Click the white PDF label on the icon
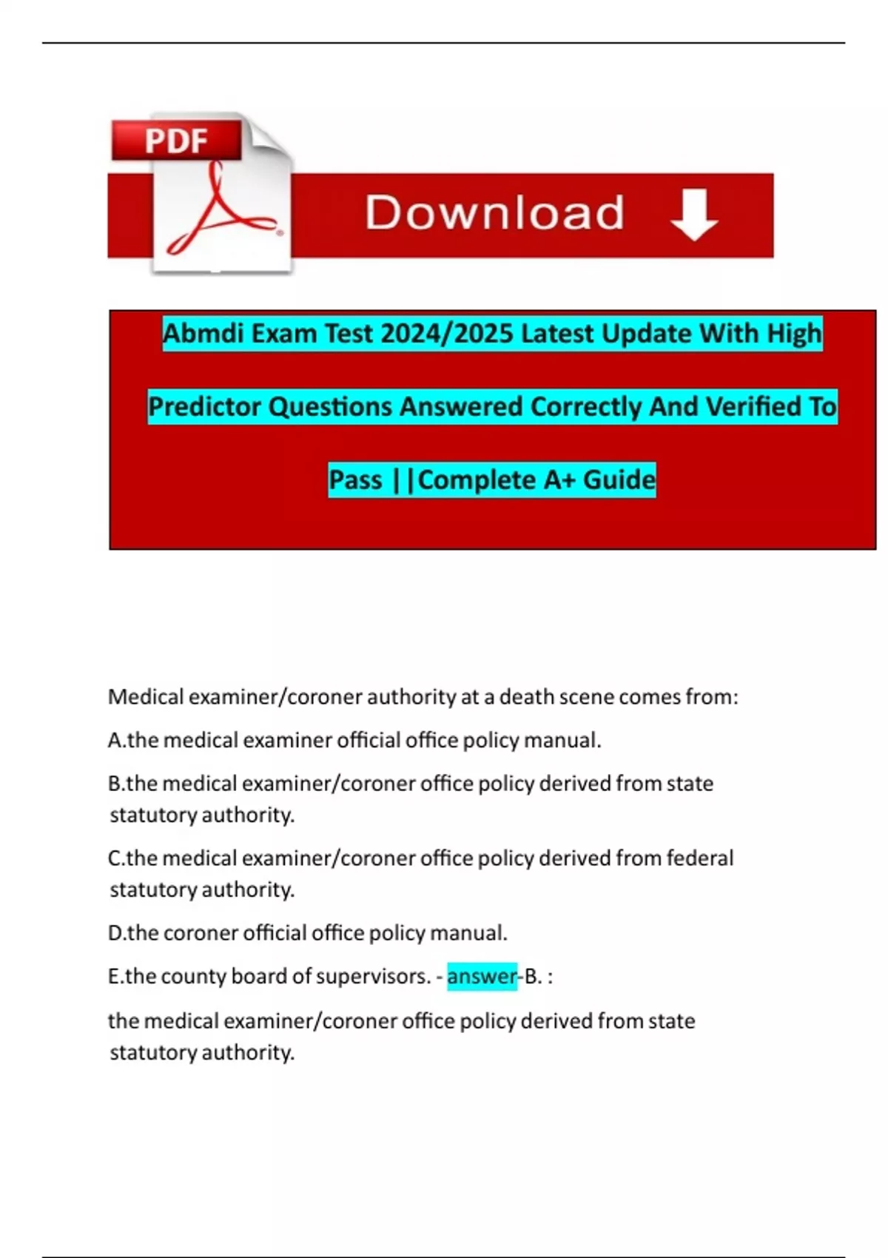click(x=176, y=141)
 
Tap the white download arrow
click(x=693, y=214)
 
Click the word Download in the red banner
click(x=494, y=213)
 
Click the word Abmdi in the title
click(x=203, y=334)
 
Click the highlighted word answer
click(x=482, y=976)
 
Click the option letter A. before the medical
click(x=116, y=740)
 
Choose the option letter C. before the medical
click(x=116, y=858)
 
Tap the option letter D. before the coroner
click(x=117, y=932)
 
